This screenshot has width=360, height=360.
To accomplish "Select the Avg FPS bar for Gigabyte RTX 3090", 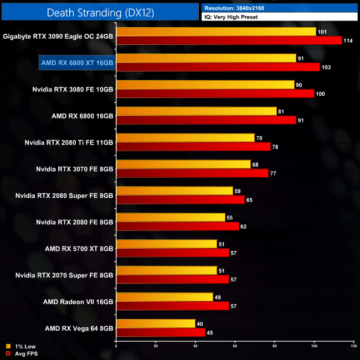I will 229,40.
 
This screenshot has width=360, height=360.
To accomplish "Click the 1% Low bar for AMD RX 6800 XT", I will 206,58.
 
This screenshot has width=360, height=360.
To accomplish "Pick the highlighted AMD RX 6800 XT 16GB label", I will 77,63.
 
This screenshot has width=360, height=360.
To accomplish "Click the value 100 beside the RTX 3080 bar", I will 320,94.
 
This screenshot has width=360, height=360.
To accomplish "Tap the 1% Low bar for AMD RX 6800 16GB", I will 196,111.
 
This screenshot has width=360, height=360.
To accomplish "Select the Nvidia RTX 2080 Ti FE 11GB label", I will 69,142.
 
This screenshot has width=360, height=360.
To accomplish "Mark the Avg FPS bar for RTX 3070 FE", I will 192,173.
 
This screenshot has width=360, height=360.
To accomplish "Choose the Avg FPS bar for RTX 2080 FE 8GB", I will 177,227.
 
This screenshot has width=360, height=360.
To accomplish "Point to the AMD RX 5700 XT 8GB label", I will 79,249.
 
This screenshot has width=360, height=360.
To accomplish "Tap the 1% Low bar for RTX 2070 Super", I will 166,271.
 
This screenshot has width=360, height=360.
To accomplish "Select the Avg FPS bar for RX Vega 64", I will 161,333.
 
